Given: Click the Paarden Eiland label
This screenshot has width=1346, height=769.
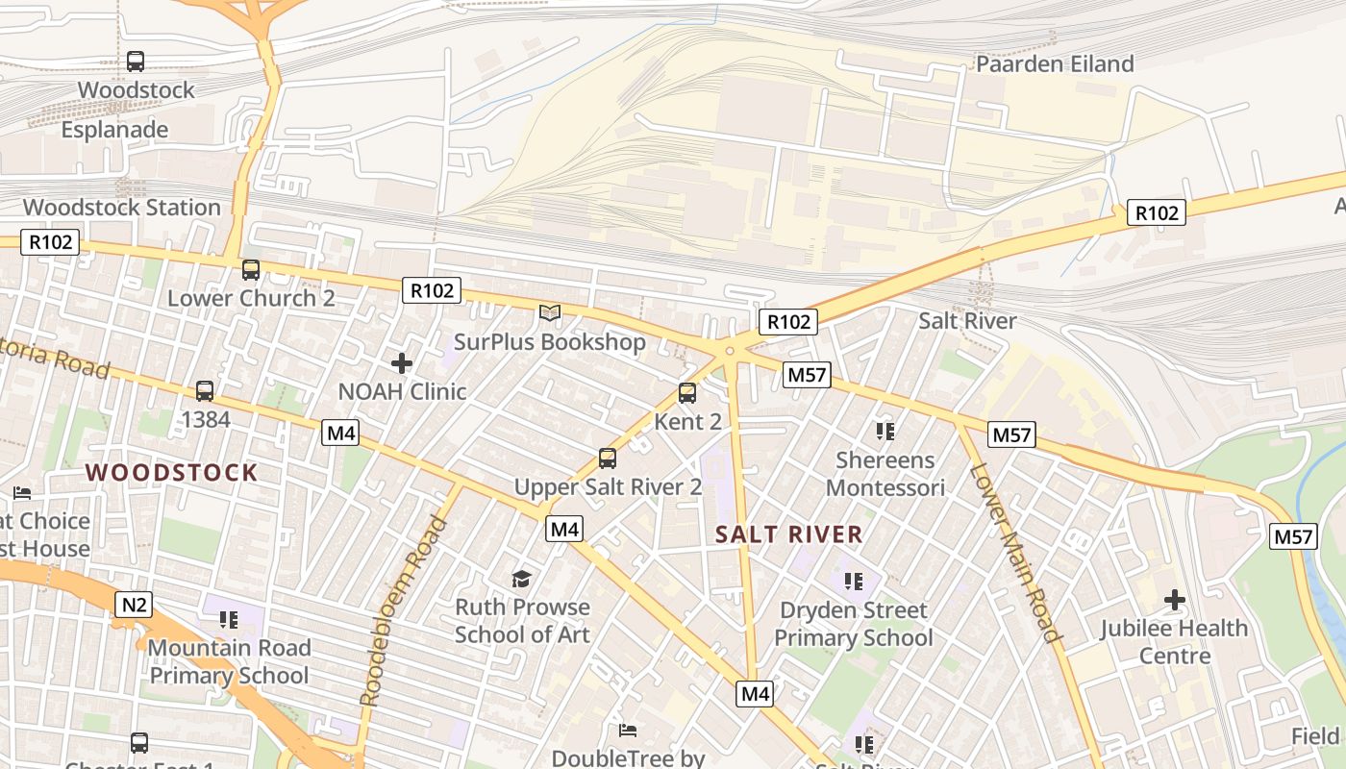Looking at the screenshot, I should click(1055, 64).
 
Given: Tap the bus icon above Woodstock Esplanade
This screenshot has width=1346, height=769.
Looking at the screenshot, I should click(136, 62).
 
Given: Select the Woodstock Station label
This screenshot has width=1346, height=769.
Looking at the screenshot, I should click(122, 207).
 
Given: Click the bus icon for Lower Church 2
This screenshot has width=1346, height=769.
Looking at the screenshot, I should click(251, 270).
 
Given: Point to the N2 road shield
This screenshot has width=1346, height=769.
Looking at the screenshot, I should click(134, 605).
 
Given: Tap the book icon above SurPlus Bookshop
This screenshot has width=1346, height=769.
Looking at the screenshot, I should click(550, 312).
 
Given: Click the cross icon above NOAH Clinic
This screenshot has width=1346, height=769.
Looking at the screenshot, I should click(402, 363).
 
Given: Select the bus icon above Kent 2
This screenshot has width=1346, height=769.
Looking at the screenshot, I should click(687, 393).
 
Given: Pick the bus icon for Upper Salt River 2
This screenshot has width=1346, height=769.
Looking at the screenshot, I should click(608, 459).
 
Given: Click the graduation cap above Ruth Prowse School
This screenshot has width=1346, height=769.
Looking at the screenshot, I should click(521, 579).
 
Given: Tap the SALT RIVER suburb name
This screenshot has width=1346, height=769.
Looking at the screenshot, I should click(788, 535).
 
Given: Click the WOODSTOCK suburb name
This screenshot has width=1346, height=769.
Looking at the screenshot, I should click(171, 472).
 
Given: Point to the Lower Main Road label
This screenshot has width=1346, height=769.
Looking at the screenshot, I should click(1014, 553).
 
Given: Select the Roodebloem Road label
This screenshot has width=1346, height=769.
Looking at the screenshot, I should click(404, 611).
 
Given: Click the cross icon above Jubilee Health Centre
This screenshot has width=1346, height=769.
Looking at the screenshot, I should click(1174, 601).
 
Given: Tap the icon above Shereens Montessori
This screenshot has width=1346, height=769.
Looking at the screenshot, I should click(885, 432).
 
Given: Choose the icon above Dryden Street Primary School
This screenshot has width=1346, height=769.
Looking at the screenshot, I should click(853, 582).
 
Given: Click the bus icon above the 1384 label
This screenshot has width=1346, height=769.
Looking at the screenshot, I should click(205, 391).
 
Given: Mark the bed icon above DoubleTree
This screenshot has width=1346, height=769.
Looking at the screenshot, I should click(628, 731).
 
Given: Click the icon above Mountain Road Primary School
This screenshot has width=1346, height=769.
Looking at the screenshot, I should click(228, 620).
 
